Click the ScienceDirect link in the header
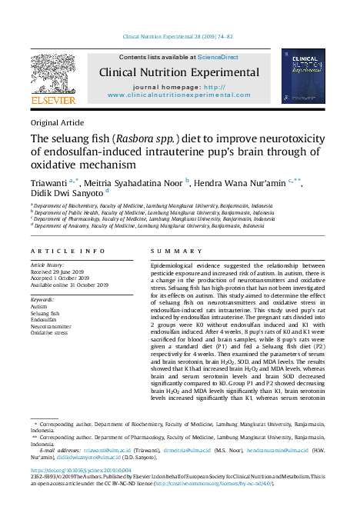(x=218, y=57)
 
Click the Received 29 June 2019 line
(x=61, y=271)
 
